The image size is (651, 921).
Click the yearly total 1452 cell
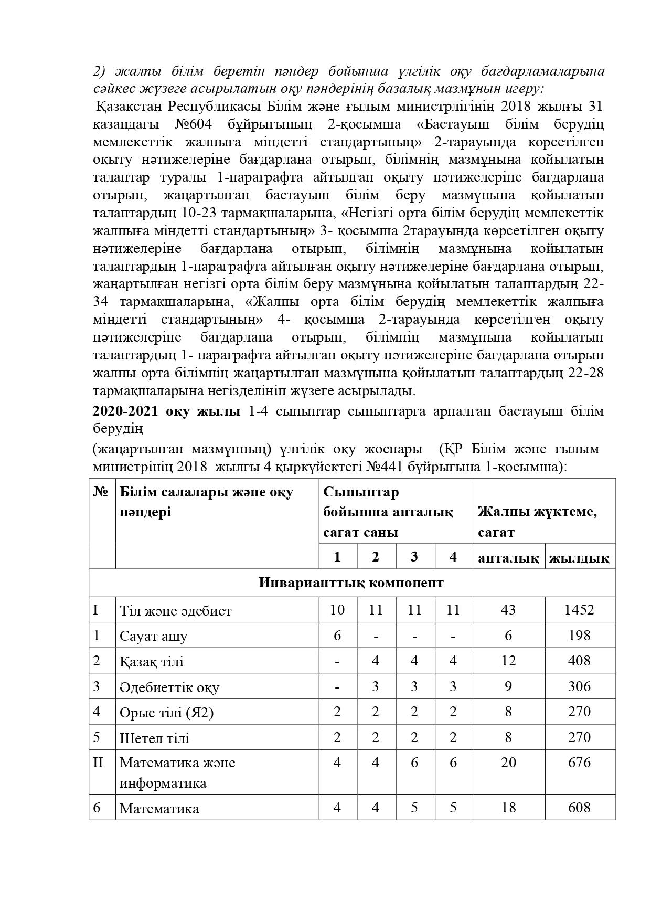point(579,610)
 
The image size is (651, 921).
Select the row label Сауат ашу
point(153,637)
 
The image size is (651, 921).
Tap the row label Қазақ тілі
point(151,662)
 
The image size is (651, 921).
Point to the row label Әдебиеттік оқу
point(169,687)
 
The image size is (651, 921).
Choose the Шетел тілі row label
point(154,738)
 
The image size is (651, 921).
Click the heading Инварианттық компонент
point(351,583)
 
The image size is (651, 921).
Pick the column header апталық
point(508,558)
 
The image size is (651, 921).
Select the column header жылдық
point(579,558)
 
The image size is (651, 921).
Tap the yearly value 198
point(579,636)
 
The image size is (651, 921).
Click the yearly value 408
point(579,661)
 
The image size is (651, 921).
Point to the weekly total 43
point(508,610)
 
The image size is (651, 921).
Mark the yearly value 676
point(579,763)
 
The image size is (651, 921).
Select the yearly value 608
point(579,808)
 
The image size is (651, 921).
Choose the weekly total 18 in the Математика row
point(508,808)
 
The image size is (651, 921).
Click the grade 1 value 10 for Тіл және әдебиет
point(337,610)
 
